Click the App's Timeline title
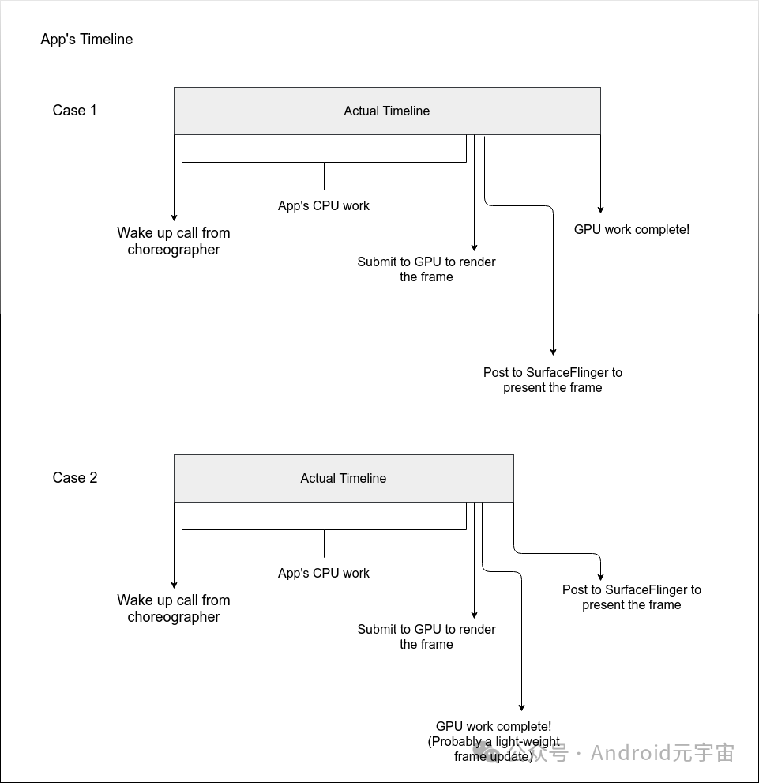click(87, 40)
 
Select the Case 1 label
click(75, 111)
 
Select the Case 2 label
click(75, 478)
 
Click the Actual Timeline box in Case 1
click(387, 111)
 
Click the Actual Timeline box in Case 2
click(344, 479)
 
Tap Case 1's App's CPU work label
click(324, 206)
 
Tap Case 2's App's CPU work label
click(324, 574)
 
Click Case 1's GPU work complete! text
click(632, 230)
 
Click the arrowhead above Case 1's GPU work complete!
click(600, 209)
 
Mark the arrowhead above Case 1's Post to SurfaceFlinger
click(553, 352)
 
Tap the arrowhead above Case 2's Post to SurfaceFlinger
click(600, 577)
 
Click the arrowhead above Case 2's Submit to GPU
click(474, 614)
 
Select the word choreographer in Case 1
click(174, 250)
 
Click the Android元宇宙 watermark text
click(662, 753)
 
